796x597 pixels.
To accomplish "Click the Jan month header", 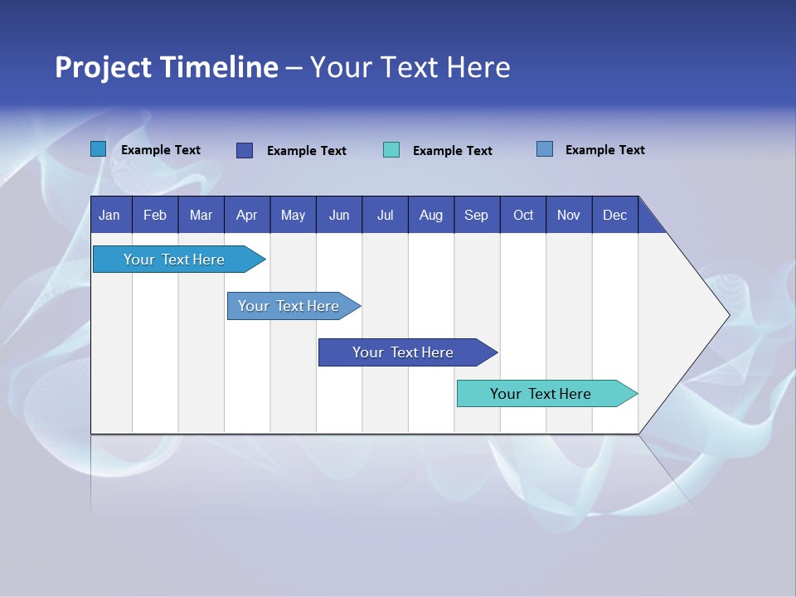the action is [x=109, y=215].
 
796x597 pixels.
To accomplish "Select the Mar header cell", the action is [x=201, y=215].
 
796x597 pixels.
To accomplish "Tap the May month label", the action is [x=293, y=215].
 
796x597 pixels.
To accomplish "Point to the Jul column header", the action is [x=385, y=215].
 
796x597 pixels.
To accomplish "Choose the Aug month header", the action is [x=430, y=215].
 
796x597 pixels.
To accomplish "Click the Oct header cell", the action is [x=523, y=215].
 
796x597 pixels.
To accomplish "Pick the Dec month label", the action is [x=614, y=215].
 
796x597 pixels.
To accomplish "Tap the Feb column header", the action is [x=155, y=215].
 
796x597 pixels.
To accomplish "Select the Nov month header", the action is [x=569, y=215].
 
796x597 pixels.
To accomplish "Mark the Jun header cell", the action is [x=339, y=215].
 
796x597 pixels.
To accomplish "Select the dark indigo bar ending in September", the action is [x=404, y=352].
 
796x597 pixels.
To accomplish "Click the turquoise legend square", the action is [x=391, y=150].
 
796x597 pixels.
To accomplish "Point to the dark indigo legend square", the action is [x=245, y=150].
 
